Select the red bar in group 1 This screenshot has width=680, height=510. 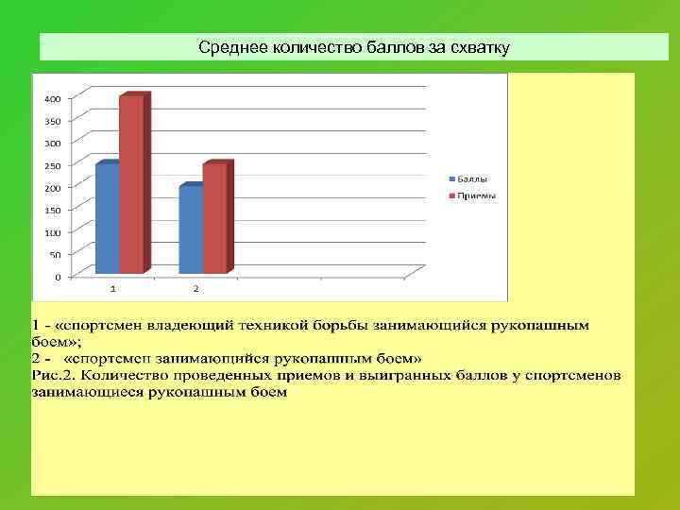(131, 184)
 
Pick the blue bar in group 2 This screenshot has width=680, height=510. (190, 229)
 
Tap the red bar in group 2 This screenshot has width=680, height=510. (215, 218)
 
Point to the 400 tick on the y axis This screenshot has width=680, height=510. (53, 98)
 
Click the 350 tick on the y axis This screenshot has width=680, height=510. (53, 121)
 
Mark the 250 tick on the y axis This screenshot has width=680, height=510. (53, 165)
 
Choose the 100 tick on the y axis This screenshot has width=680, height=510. (53, 232)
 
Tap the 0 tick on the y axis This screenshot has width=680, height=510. (58, 277)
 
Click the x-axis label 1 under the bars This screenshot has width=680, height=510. (113, 287)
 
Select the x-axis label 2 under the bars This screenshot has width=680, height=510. (195, 287)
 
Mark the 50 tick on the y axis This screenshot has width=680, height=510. (55, 255)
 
